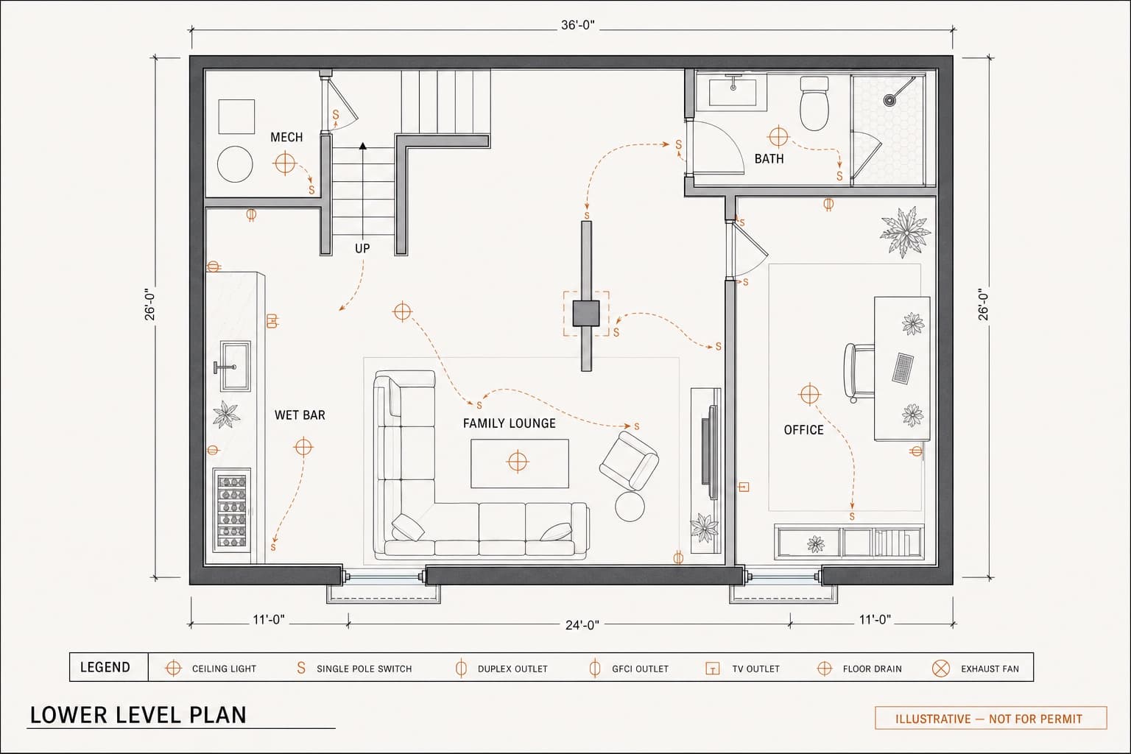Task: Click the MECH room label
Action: point(286,137)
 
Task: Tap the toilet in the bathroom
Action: point(814,104)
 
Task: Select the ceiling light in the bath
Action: point(778,136)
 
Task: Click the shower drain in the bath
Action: point(889,100)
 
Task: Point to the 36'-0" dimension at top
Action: point(577,25)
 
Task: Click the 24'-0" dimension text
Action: point(582,625)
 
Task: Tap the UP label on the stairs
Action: point(362,248)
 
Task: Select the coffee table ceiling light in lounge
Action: point(518,461)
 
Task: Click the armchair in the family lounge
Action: point(629,461)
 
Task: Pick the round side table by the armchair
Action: point(630,507)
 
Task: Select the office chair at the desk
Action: point(859,372)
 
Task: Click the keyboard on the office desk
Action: point(903,367)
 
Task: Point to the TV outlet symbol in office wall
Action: point(743,487)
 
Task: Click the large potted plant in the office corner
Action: point(905,232)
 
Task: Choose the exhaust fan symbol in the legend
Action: point(940,668)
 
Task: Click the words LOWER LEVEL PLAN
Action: point(138,715)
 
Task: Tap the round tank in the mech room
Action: point(235,164)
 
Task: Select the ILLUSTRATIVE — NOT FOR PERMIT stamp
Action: point(990,718)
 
